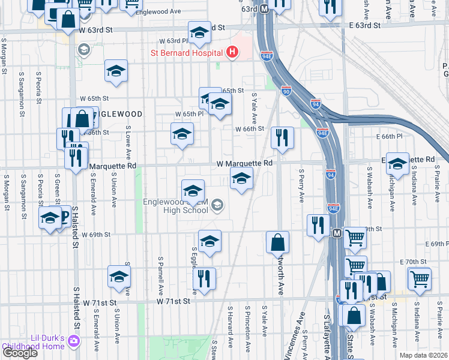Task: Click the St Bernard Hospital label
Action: click(186, 53)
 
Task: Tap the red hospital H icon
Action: click(233, 53)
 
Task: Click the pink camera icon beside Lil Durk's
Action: click(74, 341)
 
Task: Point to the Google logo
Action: click(19, 353)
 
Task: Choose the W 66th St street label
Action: click(250, 129)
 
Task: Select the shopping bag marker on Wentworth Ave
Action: click(278, 242)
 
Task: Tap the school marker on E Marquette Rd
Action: click(397, 163)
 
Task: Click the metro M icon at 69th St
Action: click(337, 232)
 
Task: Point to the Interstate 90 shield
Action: click(286, 91)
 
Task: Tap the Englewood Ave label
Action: click(158, 12)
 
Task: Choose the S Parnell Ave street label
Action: click(160, 272)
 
